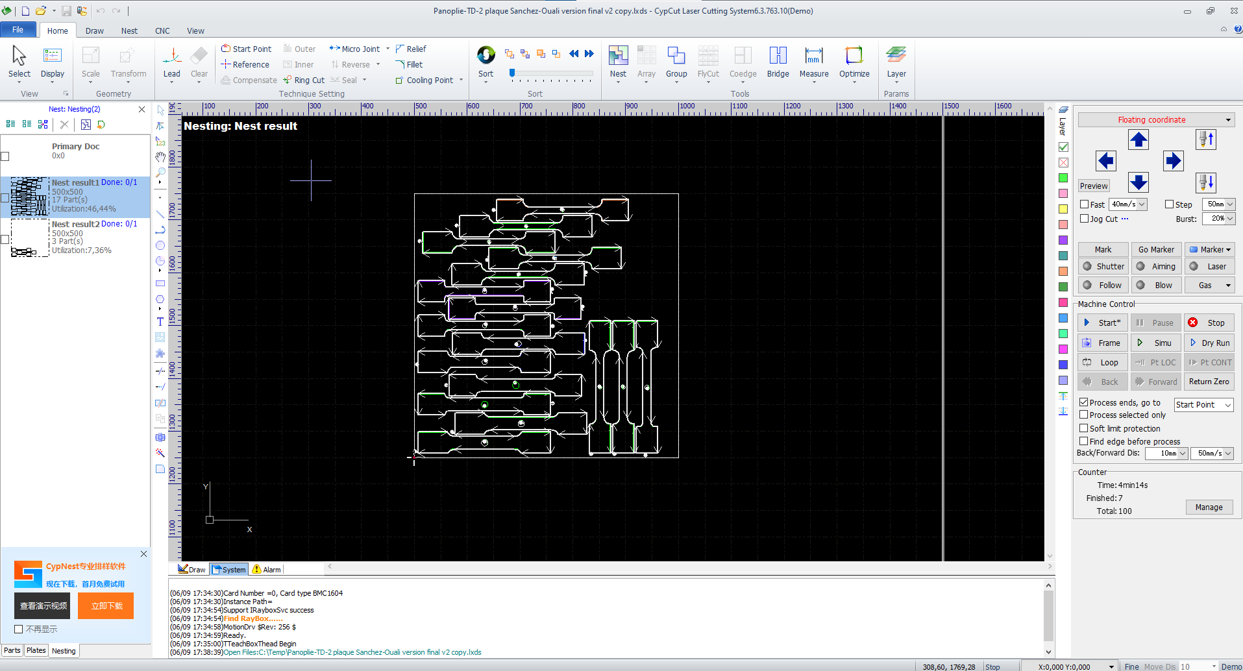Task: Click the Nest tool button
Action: (618, 62)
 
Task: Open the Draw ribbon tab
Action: (94, 30)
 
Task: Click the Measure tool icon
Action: (814, 56)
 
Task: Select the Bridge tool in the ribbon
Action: (778, 62)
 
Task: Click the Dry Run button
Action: (1209, 343)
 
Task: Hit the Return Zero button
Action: (1209, 382)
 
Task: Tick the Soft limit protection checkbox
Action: (1084, 428)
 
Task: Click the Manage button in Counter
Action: (1209, 507)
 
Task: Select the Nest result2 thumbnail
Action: (30, 238)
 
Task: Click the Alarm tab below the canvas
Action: (267, 569)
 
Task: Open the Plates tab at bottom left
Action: (36, 650)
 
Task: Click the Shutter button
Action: (1103, 267)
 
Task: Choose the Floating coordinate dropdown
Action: (1155, 120)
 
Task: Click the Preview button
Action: (1094, 186)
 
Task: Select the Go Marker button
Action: (1156, 250)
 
